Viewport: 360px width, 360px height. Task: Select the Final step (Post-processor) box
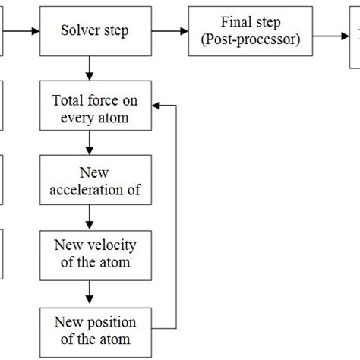[x=251, y=33]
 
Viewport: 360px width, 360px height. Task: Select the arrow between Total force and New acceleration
[x=90, y=144]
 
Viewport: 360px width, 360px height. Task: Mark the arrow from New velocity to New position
[x=90, y=291]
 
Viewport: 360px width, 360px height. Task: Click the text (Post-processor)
[x=251, y=40]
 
